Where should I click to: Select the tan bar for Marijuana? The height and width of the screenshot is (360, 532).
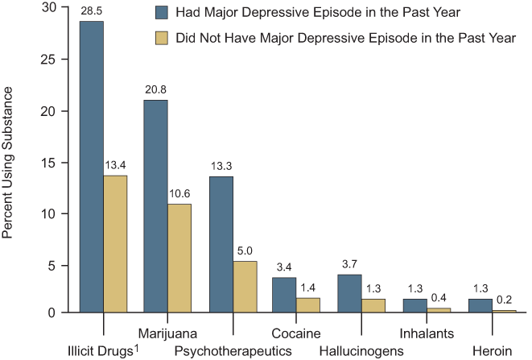coord(179,258)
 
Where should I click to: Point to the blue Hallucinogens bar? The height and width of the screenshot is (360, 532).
coord(349,293)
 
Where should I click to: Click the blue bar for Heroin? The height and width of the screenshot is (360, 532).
coord(479,305)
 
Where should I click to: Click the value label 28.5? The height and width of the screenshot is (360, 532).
coord(91,12)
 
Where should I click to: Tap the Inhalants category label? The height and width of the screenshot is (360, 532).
coord(427,333)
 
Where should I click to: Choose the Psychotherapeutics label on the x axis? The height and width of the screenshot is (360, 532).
coord(233,351)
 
